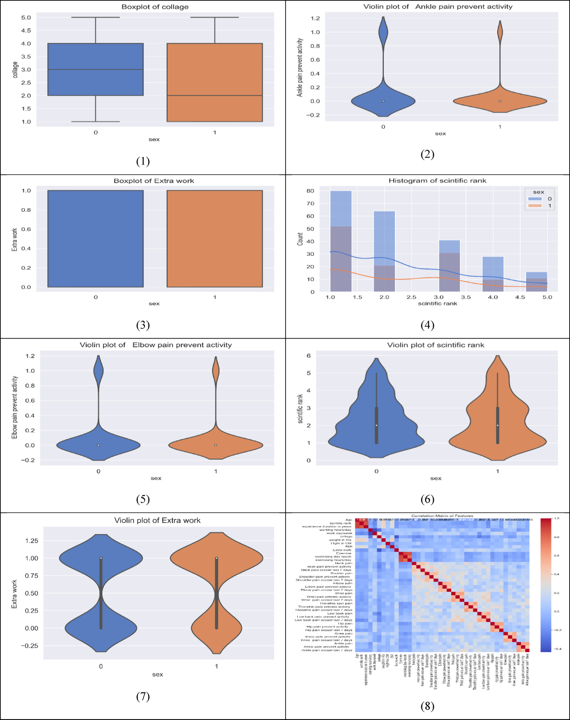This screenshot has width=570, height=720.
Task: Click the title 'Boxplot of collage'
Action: [155, 7]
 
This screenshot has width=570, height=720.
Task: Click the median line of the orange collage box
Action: [214, 96]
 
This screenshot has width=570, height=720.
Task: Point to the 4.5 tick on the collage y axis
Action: [26, 30]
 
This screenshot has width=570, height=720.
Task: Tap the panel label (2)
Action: [427, 154]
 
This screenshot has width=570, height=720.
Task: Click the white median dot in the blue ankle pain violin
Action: [383, 101]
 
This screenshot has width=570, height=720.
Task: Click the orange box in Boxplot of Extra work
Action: [214, 239]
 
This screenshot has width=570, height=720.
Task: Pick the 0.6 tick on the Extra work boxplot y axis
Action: [26, 229]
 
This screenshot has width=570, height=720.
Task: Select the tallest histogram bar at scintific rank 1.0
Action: [341, 240]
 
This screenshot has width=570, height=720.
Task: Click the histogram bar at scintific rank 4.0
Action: [493, 274]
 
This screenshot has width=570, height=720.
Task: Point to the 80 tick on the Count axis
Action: [310, 191]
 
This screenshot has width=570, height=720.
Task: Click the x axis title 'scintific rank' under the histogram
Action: [437, 303]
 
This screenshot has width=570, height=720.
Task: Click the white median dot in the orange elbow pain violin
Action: [216, 445]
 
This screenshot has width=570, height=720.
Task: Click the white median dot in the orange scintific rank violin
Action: [497, 425]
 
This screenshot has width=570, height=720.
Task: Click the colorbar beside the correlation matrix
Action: [545, 584]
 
